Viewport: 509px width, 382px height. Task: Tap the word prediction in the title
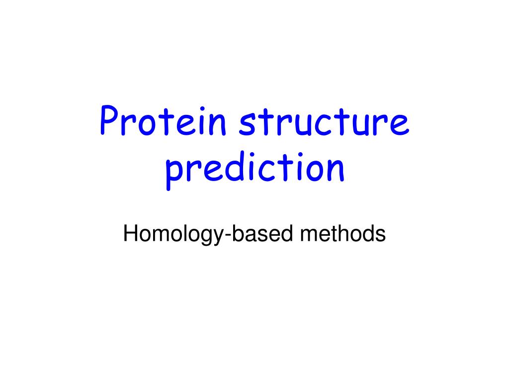[254, 170]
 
